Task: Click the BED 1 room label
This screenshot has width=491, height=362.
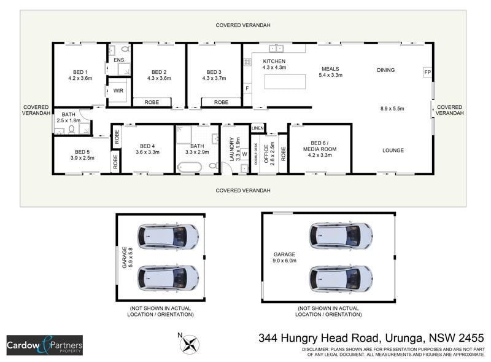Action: (x=80, y=72)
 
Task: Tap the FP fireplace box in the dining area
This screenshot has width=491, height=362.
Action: (x=427, y=72)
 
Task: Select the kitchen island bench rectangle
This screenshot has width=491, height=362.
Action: (x=285, y=82)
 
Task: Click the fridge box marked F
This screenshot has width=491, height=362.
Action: (x=247, y=88)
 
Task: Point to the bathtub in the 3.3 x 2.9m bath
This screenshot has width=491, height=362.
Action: (x=189, y=167)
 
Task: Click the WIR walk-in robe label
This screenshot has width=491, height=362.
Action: (x=118, y=91)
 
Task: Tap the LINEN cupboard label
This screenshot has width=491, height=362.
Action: (x=257, y=128)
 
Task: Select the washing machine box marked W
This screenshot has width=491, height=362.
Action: (x=244, y=154)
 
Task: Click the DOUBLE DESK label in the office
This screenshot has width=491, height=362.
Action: (x=256, y=154)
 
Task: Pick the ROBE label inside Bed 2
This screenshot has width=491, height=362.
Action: (x=152, y=102)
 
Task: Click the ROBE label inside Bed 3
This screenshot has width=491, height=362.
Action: (x=221, y=102)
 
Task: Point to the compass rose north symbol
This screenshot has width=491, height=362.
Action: (x=190, y=344)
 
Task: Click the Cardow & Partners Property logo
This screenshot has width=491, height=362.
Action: (x=45, y=345)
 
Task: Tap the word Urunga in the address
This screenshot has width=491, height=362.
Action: (x=404, y=338)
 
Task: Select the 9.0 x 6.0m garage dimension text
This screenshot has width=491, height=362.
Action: (x=284, y=261)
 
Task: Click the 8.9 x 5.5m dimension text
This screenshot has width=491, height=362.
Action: (x=392, y=109)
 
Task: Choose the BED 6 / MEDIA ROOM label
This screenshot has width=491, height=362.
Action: (x=320, y=146)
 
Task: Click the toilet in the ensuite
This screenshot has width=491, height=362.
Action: (x=126, y=49)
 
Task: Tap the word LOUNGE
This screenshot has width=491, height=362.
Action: (x=393, y=150)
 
